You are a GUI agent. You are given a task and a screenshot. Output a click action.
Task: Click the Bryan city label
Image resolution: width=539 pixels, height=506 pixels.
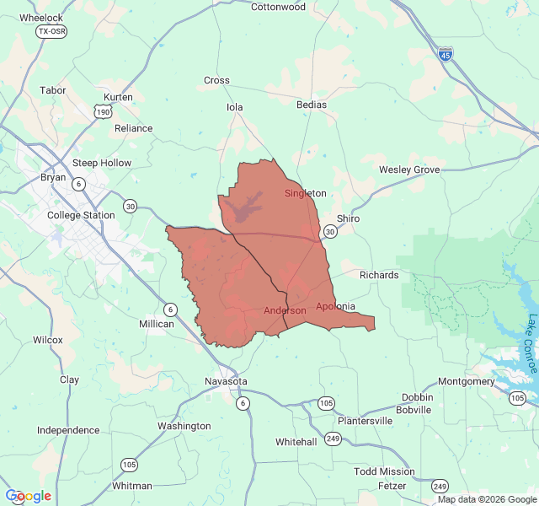click(53, 177)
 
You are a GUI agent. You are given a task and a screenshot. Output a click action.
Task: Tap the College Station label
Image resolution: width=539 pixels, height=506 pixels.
click(81, 215)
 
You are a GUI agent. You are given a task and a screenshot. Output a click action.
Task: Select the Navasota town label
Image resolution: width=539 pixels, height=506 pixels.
click(227, 382)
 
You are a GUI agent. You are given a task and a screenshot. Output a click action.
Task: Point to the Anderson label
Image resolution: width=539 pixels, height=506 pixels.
click(285, 310)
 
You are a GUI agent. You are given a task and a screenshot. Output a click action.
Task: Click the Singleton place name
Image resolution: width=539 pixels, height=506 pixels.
click(305, 193)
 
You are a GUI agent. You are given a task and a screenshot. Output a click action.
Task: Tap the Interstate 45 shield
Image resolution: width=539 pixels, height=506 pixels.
click(446, 53)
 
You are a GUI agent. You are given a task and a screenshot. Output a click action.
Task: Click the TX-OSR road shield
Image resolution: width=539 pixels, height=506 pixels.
click(51, 31)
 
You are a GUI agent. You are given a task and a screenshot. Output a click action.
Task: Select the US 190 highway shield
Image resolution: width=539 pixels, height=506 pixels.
click(103, 111)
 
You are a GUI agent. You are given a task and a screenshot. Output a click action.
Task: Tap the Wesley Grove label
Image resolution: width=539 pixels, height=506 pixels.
click(409, 170)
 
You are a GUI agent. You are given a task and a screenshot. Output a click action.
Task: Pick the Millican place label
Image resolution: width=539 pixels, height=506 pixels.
click(157, 324)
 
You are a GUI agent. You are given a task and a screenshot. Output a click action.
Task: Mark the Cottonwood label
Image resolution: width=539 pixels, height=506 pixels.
click(278, 7)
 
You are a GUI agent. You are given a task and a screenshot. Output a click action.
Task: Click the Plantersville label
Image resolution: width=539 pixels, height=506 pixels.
click(365, 420)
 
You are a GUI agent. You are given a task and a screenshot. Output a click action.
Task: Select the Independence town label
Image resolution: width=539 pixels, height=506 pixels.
click(68, 430)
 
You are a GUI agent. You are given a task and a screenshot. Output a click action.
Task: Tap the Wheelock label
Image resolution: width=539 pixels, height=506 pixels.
click(40, 17)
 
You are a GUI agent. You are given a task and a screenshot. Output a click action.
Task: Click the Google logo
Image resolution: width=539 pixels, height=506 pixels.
click(28, 496)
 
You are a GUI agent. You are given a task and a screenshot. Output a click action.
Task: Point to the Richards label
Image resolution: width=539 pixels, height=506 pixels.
click(379, 275)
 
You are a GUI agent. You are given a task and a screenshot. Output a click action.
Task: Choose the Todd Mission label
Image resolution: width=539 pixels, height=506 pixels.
click(384, 471)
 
